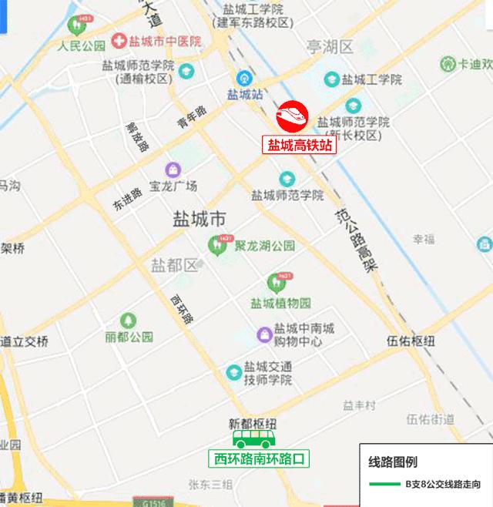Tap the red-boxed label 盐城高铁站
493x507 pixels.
301,143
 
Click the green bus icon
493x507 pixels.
257,439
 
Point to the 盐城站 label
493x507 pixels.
245,94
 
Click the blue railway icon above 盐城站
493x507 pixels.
244,78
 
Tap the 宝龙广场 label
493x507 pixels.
173,186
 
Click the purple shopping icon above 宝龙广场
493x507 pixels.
173,169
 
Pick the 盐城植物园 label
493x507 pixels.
280,302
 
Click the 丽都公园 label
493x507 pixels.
129,337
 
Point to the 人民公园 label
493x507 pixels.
81,45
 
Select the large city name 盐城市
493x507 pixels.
200,220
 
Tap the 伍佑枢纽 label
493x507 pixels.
411,341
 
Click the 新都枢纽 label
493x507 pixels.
253,423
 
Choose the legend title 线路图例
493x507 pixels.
393,462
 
